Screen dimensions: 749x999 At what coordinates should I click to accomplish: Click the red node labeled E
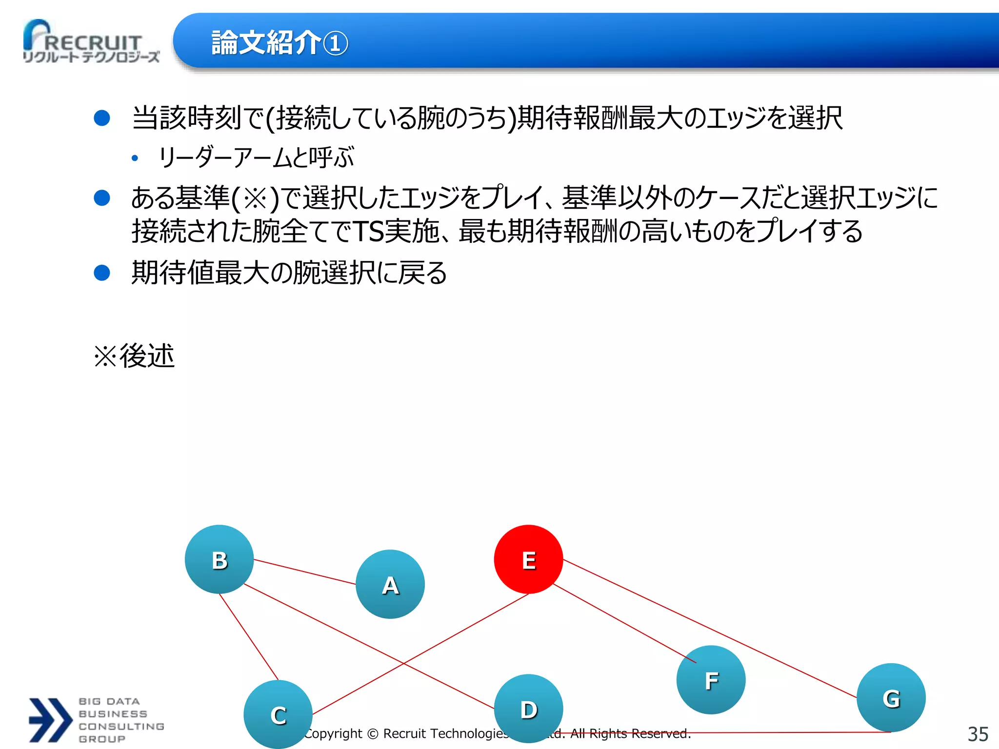(x=528, y=559)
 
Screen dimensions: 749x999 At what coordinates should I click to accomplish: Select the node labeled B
(x=219, y=559)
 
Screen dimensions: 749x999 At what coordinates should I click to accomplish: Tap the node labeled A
(x=390, y=584)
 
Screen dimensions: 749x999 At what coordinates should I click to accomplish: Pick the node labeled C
(x=278, y=714)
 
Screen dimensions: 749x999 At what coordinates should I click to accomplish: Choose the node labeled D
(x=528, y=709)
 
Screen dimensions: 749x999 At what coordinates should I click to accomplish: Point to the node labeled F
(x=711, y=680)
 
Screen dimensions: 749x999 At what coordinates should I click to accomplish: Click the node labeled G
(x=891, y=698)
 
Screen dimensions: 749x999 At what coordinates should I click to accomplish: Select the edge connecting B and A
(x=305, y=572)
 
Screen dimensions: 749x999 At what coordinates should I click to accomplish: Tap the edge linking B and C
(x=249, y=637)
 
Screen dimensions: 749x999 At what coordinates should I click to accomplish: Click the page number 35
(x=978, y=734)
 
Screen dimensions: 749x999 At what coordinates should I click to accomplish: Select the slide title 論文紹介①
(x=280, y=43)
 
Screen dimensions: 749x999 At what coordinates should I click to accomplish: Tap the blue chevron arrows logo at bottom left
(x=50, y=720)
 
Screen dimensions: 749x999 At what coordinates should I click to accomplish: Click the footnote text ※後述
(x=134, y=356)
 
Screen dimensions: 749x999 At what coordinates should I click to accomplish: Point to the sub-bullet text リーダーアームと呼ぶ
(x=256, y=158)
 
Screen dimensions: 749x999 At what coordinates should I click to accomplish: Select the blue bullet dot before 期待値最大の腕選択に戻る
(x=102, y=273)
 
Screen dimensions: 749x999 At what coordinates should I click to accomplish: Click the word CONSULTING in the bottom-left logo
(x=121, y=727)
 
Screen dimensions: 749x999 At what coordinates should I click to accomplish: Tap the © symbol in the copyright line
(x=373, y=734)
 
